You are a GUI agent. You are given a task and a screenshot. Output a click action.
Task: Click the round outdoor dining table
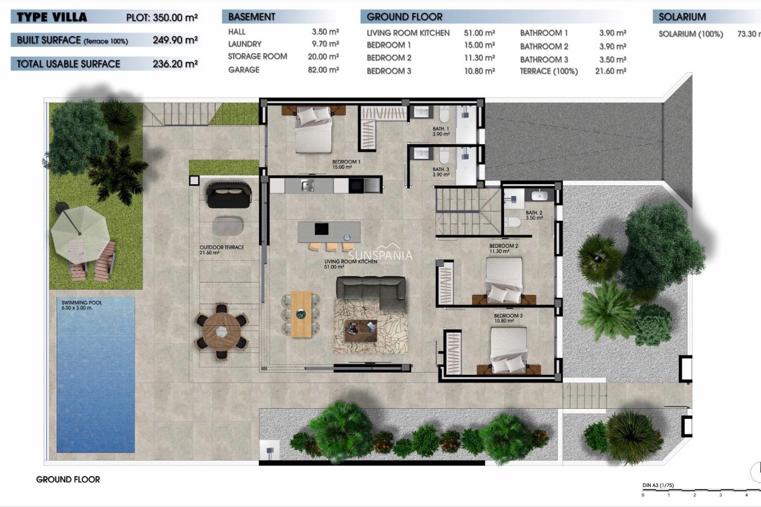(x=222, y=331)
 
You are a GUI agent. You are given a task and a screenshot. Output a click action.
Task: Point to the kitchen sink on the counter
(x=307, y=185)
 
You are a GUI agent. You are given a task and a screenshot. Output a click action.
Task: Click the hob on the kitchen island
(x=321, y=229)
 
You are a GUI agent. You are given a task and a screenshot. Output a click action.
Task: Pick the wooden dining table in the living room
(x=301, y=314)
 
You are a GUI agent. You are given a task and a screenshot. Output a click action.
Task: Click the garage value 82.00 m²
(x=323, y=70)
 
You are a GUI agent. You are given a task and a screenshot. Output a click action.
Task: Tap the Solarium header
(x=682, y=17)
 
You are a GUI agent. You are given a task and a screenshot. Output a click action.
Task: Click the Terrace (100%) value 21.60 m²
(x=610, y=71)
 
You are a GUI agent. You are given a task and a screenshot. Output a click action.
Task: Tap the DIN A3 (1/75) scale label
(x=658, y=485)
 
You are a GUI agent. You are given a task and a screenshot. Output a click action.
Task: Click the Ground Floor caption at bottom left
(x=68, y=479)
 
